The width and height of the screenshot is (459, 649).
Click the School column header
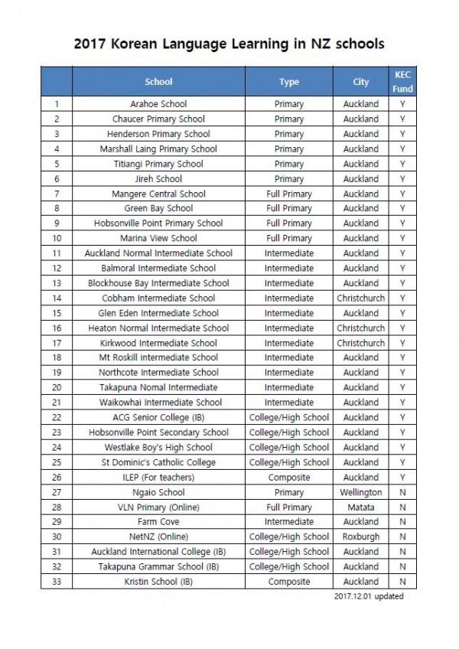tap(158, 82)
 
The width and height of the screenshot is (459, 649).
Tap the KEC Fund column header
tap(402, 82)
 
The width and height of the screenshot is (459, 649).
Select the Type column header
tap(288, 82)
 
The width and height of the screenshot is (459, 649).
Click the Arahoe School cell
tap(158, 104)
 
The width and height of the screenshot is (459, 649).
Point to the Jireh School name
tap(158, 178)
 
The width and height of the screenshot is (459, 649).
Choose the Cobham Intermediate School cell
tap(158, 298)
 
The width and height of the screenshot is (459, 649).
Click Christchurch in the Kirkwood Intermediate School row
tap(360, 343)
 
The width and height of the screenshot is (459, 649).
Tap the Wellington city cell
tap(360, 492)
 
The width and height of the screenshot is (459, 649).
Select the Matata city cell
tap(360, 507)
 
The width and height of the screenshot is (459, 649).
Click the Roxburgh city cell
tap(360, 536)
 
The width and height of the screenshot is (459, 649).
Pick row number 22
tap(57, 417)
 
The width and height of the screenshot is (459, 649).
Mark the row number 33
tap(57, 582)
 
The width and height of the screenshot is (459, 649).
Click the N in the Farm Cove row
tap(402, 522)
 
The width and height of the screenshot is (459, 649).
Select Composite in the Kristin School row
tap(288, 582)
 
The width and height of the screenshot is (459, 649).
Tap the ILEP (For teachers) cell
tap(158, 477)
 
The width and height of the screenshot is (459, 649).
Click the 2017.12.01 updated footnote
tap(369, 596)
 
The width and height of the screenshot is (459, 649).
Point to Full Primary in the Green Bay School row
tap(288, 208)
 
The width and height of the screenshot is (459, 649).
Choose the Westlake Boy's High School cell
tap(158, 447)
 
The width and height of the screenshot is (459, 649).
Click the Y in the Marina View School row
tap(402, 238)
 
